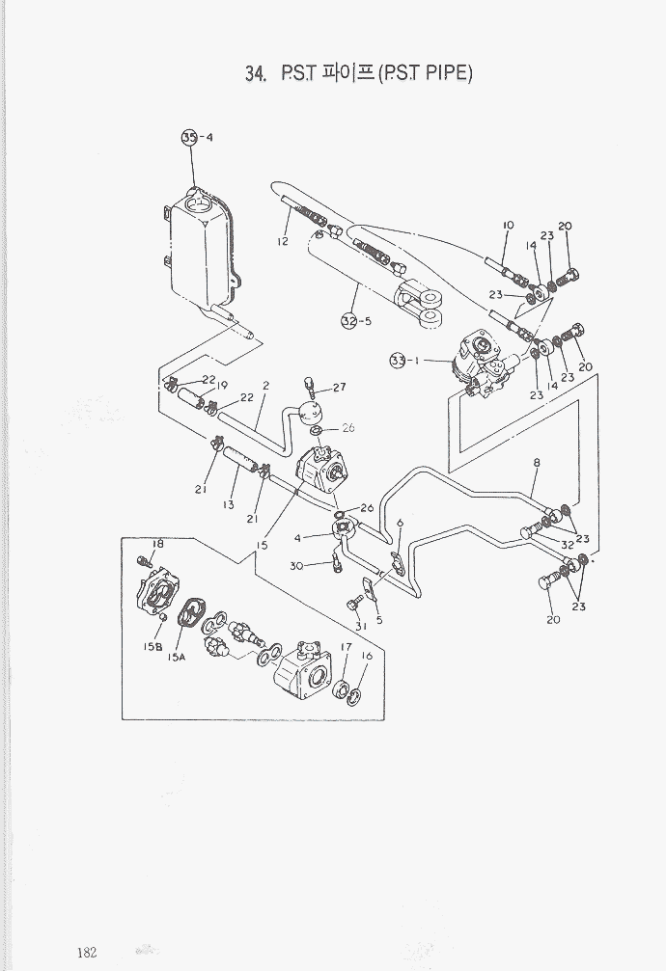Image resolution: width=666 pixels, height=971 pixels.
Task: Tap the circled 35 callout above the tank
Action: tap(189, 138)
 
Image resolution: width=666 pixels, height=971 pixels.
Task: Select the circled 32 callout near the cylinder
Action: tap(348, 321)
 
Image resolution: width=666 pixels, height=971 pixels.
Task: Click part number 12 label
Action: tap(283, 242)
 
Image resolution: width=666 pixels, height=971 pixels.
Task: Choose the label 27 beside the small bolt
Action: tap(339, 388)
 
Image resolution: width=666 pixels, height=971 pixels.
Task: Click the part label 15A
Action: tap(176, 657)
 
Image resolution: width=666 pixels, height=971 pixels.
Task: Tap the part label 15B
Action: tap(153, 647)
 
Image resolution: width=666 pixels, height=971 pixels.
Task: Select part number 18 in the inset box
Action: tap(158, 544)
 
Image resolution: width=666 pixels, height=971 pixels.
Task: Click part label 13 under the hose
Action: tap(229, 504)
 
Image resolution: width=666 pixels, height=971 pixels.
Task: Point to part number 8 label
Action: tap(537, 463)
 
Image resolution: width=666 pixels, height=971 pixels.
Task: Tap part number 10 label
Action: tap(508, 226)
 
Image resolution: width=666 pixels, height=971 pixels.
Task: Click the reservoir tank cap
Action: tap(198, 201)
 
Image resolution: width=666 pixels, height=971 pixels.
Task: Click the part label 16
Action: tap(367, 656)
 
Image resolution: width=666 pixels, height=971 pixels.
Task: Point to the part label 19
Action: tap(222, 386)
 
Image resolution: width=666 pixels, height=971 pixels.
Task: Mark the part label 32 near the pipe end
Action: tap(568, 544)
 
